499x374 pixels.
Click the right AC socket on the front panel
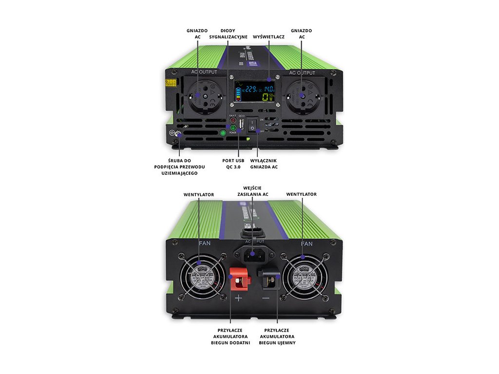302,95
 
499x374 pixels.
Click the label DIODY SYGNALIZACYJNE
228,34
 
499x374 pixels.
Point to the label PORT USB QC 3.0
234,164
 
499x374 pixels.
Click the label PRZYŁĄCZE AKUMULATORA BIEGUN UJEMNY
277,336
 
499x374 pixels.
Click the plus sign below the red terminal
238,298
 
